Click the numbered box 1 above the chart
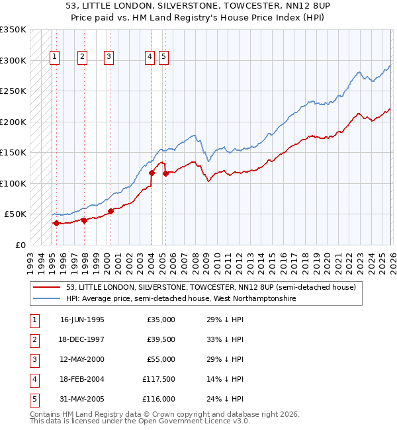54,58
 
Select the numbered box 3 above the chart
109,58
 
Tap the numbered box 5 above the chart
163,58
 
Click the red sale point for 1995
56,224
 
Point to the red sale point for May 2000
110,211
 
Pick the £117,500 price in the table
159,379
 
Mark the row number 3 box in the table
34,359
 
